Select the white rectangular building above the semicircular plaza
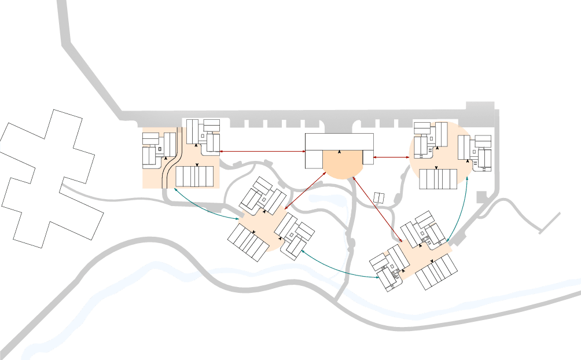pos(339,142)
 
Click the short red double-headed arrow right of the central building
pos(392,157)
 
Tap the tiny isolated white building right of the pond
pos(379,198)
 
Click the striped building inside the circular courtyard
pos(438,179)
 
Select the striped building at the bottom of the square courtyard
pos(194,177)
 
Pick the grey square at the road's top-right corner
pos(480,107)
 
